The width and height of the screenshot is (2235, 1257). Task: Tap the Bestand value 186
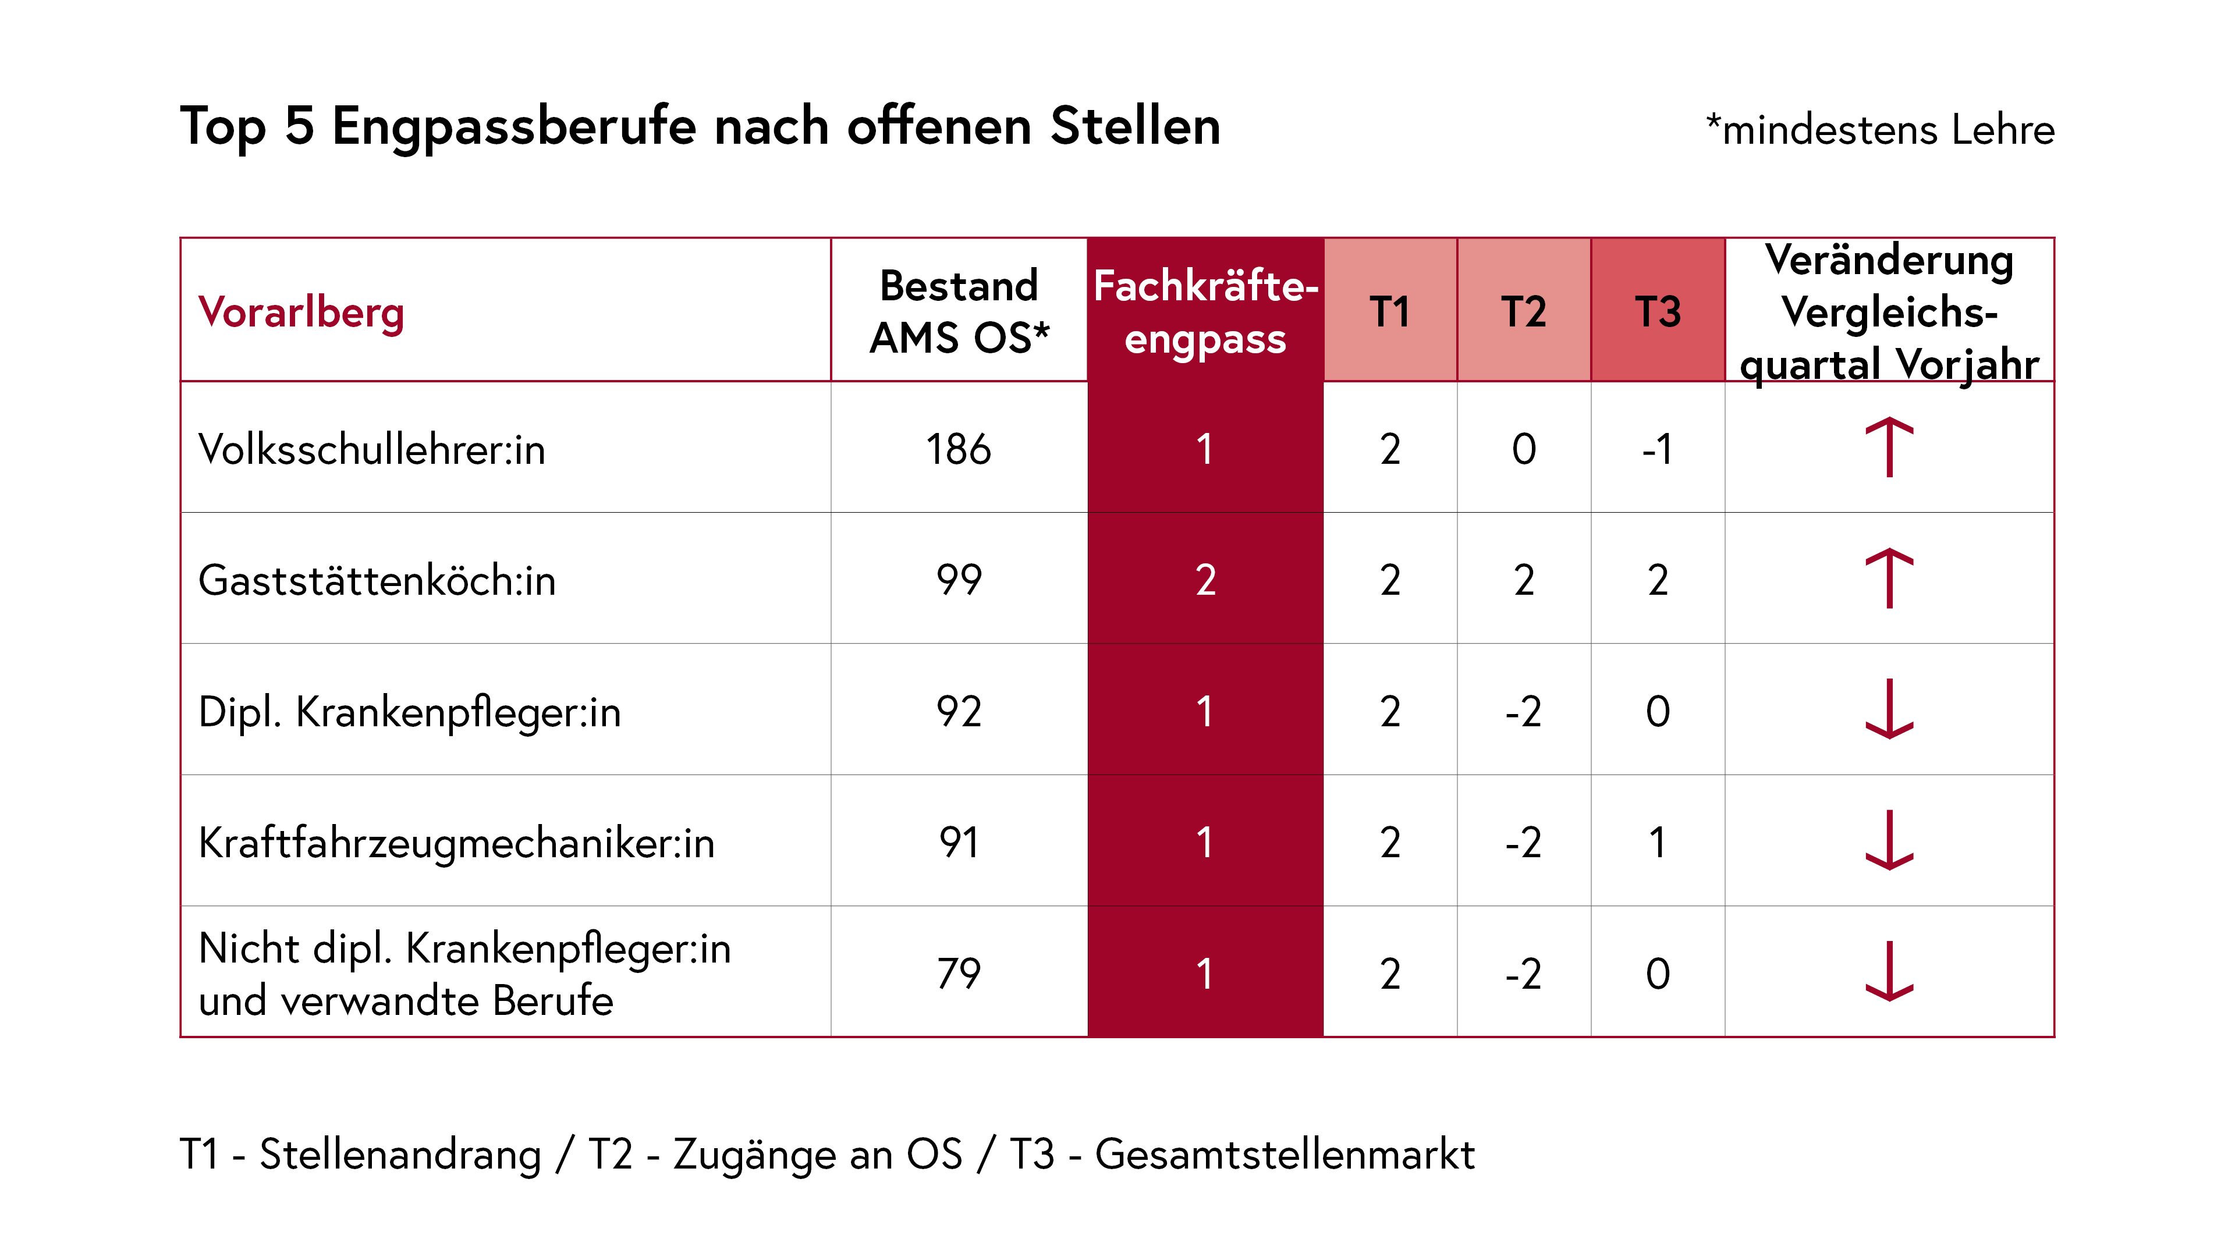(958, 449)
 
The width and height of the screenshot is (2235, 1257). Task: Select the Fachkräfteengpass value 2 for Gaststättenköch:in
(1205, 580)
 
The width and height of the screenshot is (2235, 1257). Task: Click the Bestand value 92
(959, 711)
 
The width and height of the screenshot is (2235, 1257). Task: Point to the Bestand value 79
(959, 974)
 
